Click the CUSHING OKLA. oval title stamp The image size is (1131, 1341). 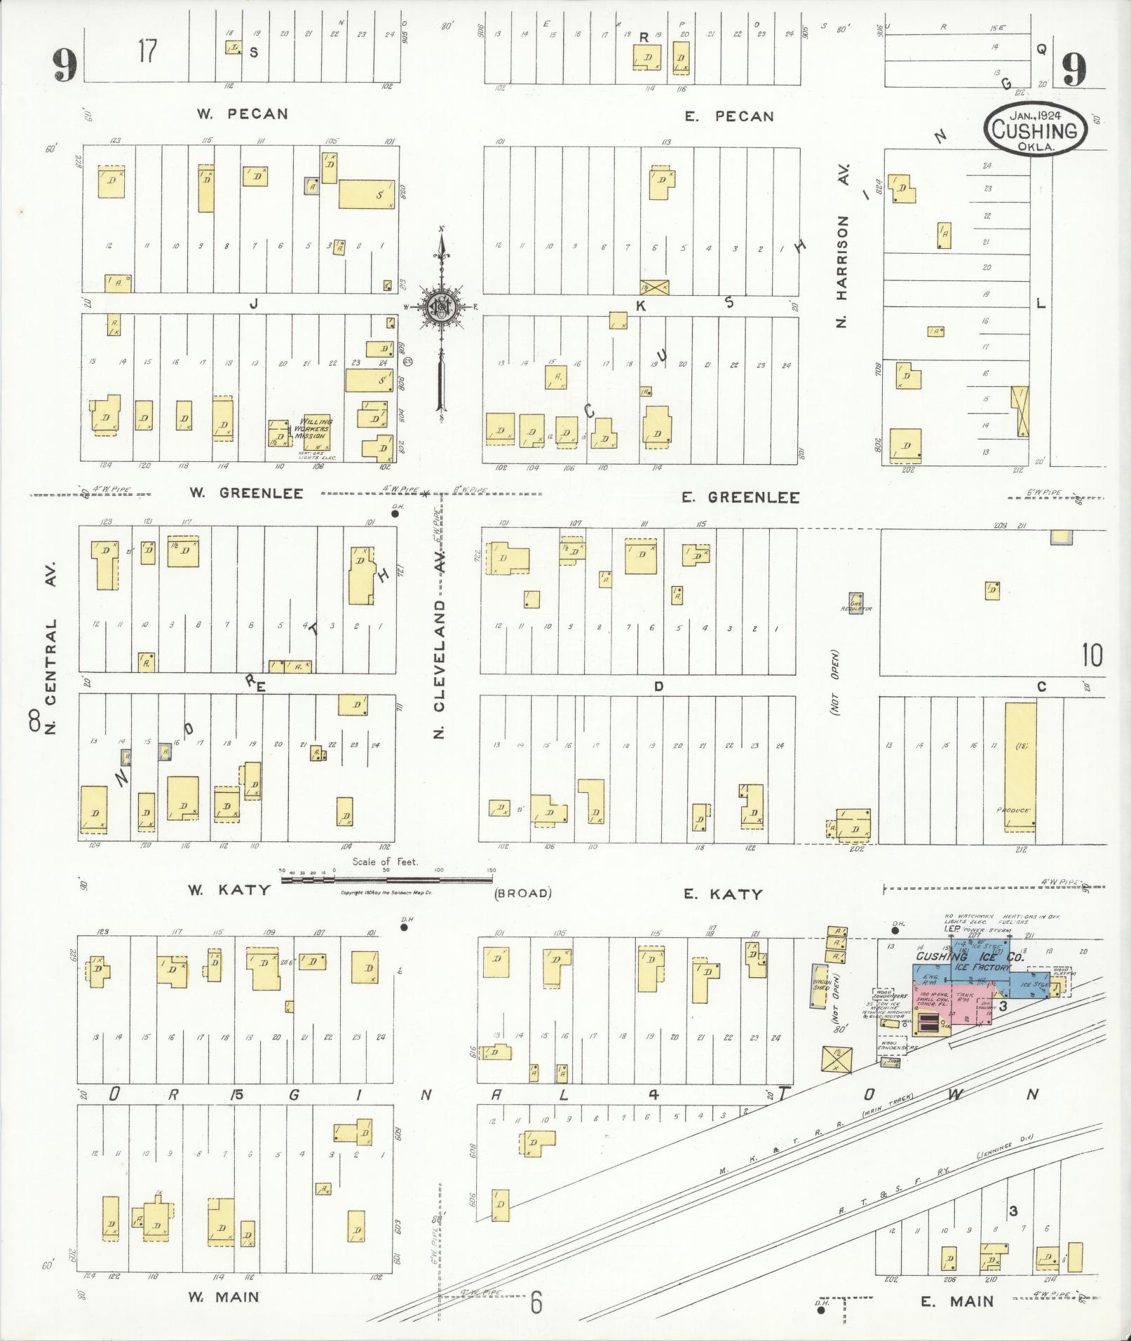point(1035,129)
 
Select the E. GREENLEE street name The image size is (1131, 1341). point(740,497)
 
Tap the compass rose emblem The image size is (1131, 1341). point(442,306)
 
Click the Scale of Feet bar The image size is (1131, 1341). point(388,878)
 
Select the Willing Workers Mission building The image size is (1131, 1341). point(313,433)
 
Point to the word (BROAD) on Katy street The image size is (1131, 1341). point(523,893)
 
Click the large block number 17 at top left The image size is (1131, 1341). point(147,52)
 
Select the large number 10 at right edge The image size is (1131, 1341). point(1091,655)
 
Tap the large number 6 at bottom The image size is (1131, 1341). point(536,1302)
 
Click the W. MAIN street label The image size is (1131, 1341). point(224,1297)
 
